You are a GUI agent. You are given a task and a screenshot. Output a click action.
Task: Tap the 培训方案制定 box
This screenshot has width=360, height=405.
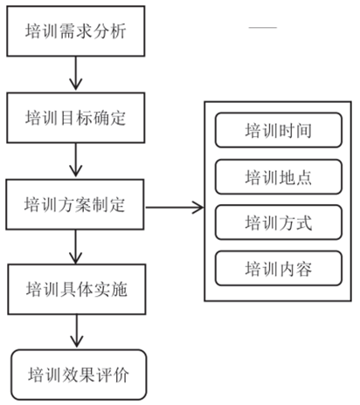pos(77,207)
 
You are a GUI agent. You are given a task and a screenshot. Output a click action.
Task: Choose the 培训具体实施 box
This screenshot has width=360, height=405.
pos(77,289)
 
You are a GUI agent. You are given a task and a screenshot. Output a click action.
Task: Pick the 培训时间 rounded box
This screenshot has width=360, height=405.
pos(279,133)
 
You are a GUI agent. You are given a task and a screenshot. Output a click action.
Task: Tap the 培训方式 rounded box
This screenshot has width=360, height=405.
pos(279,223)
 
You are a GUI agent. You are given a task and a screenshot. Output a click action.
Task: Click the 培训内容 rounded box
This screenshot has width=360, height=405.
pos(279,268)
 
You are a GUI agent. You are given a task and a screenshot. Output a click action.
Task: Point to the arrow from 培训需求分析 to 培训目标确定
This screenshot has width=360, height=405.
pos(77,76)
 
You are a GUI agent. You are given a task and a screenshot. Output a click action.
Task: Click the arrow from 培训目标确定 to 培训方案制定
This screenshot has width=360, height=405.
pos(77,161)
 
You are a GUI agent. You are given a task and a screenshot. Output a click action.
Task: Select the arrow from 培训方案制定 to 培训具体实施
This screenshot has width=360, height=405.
pos(77,248)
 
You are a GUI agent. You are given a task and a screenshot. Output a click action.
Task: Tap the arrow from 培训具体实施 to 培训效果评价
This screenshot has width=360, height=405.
pos(77,332)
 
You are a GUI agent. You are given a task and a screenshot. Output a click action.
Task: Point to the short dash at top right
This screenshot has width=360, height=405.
pos(262,29)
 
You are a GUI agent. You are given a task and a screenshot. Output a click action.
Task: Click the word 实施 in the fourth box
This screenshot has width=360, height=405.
pos(112,289)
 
